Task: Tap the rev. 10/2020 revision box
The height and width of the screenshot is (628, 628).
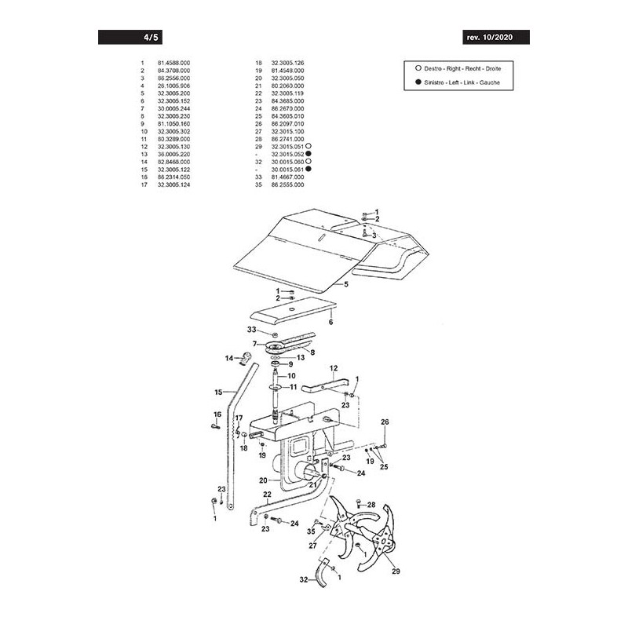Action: [495, 37]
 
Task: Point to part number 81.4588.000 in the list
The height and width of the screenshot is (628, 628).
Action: [173, 62]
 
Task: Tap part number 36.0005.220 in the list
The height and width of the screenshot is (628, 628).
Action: [173, 154]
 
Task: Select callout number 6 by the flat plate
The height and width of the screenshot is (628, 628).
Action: [330, 321]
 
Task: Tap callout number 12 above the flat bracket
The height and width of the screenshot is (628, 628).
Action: [333, 367]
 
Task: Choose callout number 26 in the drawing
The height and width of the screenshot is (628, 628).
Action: [385, 422]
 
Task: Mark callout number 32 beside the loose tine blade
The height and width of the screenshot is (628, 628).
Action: [303, 580]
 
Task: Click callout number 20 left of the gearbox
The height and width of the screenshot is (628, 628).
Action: [264, 480]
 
